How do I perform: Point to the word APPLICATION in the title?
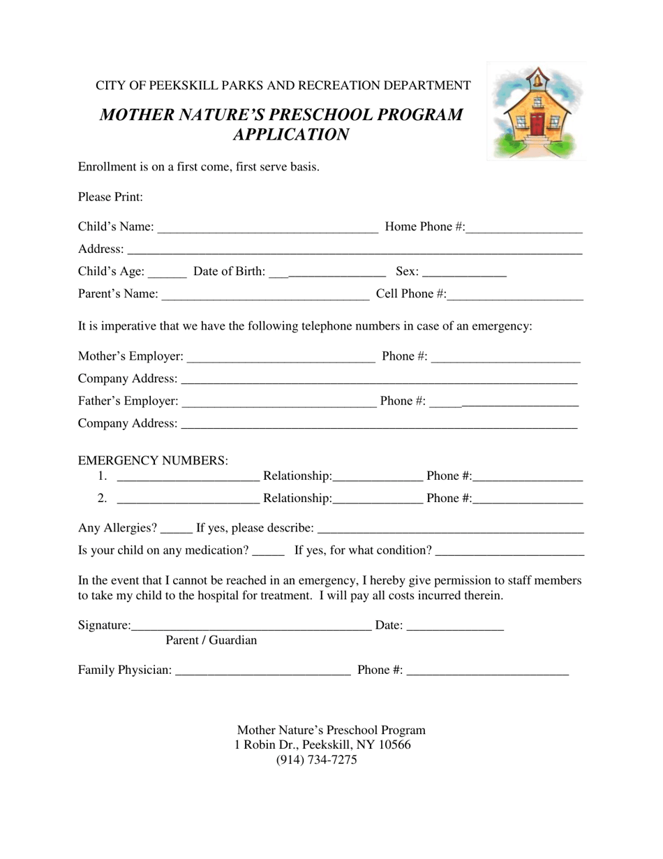tap(290, 135)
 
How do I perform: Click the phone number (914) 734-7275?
tap(316, 760)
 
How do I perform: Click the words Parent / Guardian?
tap(211, 640)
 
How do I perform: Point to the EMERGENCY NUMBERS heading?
tap(153, 460)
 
